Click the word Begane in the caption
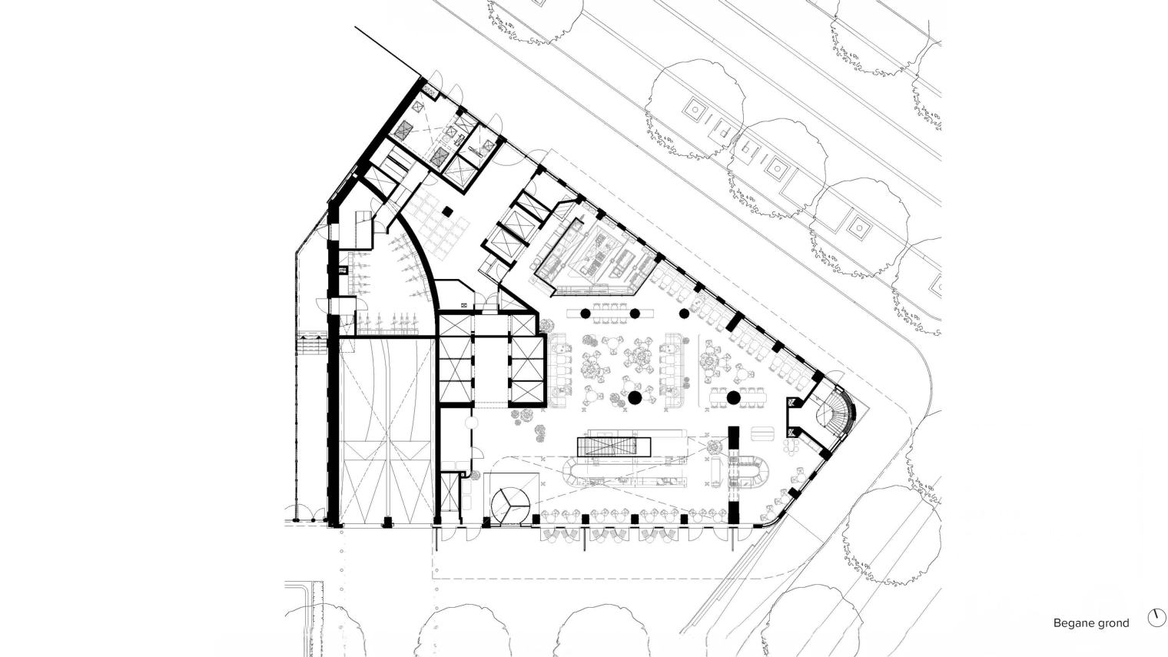coord(1072,623)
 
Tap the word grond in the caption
coord(1112,623)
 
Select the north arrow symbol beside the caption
coord(1156,618)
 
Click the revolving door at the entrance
coord(510,506)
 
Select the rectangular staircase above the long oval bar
coord(614,447)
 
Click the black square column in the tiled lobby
coord(447,212)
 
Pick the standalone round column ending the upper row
coord(684,314)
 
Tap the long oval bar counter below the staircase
coord(625,471)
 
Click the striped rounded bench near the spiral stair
coord(762,434)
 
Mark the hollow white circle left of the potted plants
coord(471,423)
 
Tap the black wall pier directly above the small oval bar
coord(734,441)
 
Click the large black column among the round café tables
coord(635,398)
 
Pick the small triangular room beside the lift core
coord(512,301)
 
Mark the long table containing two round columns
coord(610,314)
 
